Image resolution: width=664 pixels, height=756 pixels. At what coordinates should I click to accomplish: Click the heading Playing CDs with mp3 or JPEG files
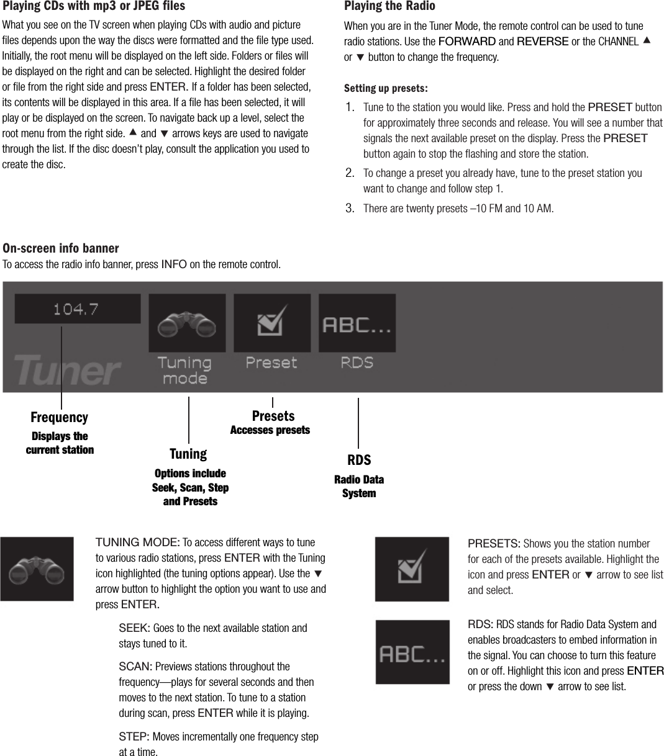(x=94, y=7)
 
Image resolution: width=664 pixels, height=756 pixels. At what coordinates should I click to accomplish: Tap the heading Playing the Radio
(x=389, y=7)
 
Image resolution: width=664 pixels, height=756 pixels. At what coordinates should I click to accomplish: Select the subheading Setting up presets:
(x=386, y=88)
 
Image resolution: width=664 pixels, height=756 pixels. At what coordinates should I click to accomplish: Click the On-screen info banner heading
(x=61, y=248)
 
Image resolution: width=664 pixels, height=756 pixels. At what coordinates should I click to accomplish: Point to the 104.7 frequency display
(x=77, y=308)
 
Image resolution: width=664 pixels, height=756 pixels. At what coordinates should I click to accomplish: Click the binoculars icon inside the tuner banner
(x=187, y=323)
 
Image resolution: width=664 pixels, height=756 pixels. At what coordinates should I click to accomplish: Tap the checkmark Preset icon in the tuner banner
(x=272, y=323)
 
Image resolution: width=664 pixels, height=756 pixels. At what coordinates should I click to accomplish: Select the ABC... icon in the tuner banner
(x=357, y=323)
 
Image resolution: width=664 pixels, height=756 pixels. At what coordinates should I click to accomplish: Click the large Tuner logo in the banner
(x=66, y=370)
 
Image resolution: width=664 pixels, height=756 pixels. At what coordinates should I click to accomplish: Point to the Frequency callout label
(x=60, y=417)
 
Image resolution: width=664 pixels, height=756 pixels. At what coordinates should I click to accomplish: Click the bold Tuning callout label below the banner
(x=188, y=454)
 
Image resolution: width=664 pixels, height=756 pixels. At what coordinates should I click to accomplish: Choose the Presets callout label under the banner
(x=273, y=416)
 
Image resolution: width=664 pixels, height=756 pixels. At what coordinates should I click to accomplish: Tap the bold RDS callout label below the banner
(x=359, y=460)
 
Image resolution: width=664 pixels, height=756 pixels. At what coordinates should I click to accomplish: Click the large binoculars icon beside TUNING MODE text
(x=37, y=569)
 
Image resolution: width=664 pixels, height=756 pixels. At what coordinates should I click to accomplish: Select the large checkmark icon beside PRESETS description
(x=412, y=569)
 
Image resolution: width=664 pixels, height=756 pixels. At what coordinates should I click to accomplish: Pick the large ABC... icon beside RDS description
(x=412, y=652)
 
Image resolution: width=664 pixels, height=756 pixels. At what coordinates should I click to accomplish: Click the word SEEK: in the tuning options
(x=134, y=628)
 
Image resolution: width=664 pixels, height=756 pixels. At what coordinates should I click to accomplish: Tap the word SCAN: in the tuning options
(x=135, y=667)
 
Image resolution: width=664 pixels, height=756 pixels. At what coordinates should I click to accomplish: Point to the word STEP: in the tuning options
(x=134, y=737)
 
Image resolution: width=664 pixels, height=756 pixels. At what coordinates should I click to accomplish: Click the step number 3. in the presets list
(x=350, y=208)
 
